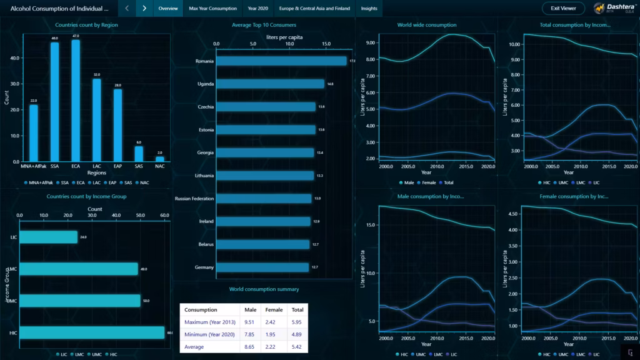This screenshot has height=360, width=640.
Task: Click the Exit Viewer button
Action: point(563,9)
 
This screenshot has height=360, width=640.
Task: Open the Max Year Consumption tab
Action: point(212,9)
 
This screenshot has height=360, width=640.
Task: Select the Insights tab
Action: point(369,9)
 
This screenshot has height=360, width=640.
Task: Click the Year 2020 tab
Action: point(257,9)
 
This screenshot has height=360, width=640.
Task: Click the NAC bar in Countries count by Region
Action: point(160,159)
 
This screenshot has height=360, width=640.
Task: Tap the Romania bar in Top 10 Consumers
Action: point(281,61)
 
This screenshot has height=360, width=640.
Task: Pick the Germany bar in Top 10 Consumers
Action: point(262,267)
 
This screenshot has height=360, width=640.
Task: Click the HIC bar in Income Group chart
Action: point(92,332)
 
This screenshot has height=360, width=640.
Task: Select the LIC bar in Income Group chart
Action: point(48,237)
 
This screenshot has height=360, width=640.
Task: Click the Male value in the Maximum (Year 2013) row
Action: point(250,322)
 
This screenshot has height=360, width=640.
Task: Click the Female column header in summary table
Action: point(274,309)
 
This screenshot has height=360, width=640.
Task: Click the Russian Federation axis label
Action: point(195,199)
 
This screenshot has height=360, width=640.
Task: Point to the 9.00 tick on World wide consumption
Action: point(370,43)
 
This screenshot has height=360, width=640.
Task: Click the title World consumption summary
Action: point(264,289)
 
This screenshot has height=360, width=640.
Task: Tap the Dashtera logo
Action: point(615,9)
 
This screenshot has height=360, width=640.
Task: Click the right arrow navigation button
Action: point(144,9)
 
